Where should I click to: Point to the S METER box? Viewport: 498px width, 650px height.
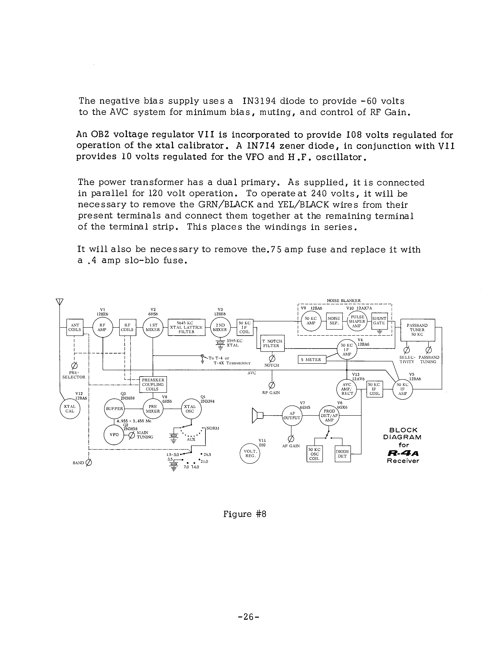click(x=311, y=359)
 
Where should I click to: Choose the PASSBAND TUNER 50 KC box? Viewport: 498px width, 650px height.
click(x=417, y=330)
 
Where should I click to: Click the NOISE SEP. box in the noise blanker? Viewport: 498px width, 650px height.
click(x=334, y=321)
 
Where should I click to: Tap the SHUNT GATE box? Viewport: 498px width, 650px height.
click(x=379, y=321)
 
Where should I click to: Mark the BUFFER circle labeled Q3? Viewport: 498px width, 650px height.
click(x=114, y=409)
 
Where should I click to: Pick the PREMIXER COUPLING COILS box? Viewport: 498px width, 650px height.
click(x=153, y=384)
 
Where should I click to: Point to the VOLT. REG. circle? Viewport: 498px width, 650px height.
click(x=250, y=454)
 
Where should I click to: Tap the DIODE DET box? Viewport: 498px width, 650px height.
click(x=342, y=454)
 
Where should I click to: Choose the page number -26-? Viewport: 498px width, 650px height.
click(x=249, y=616)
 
